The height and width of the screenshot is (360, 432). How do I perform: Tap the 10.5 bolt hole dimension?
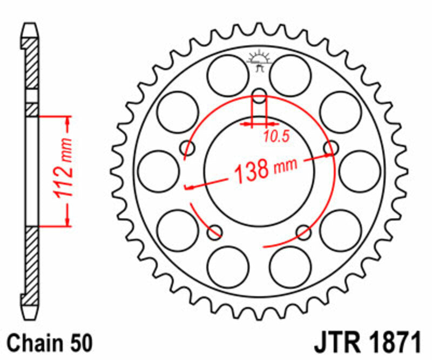277,136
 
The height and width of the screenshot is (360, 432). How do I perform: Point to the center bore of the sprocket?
260,168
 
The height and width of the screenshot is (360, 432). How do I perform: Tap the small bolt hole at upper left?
190,148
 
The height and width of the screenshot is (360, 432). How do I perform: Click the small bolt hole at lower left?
215,232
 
